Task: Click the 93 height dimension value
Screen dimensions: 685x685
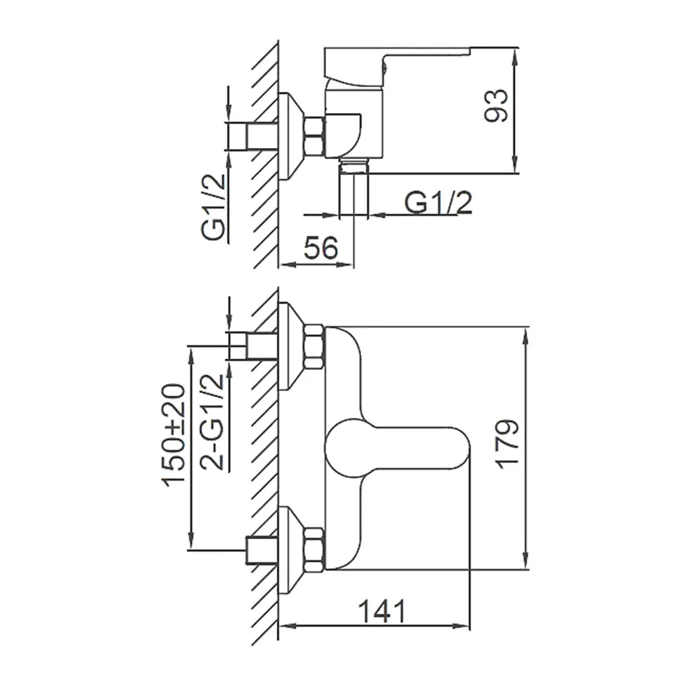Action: click(x=496, y=105)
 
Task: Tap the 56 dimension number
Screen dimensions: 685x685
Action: click(x=321, y=248)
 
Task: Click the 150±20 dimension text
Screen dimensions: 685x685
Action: click(x=174, y=436)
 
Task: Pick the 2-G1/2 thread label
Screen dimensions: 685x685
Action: click(x=212, y=421)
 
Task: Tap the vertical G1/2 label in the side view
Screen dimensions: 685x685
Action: click(x=213, y=206)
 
